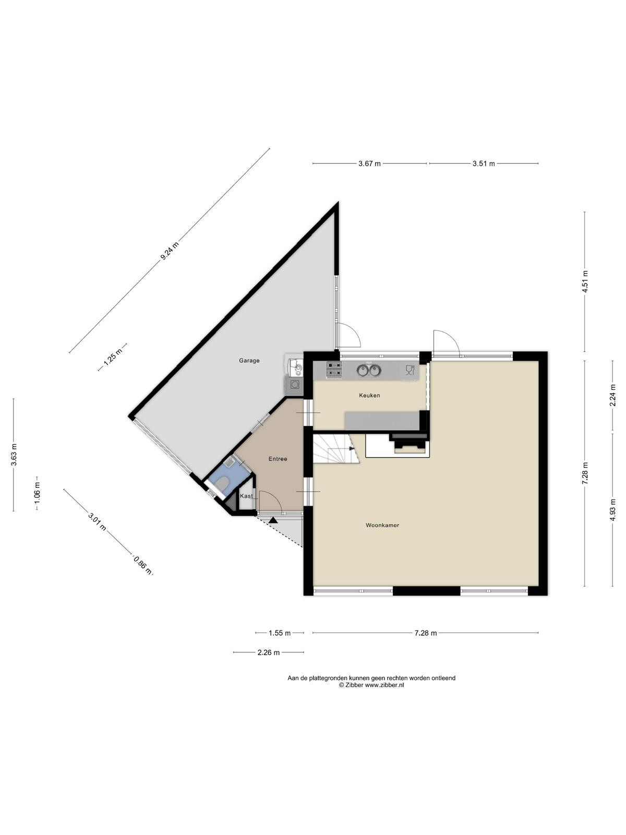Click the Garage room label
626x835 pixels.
tap(249, 360)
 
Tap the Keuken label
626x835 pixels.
tap(369, 395)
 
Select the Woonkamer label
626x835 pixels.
tap(382, 525)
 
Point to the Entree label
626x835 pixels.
tap(278, 459)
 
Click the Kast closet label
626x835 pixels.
tap(246, 496)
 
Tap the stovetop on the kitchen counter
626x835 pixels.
tap(334, 370)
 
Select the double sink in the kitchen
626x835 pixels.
tap(369, 369)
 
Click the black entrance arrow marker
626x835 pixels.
tap(273, 520)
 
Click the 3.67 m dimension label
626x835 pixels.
tap(369, 163)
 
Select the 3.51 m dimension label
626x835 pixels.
tap(484, 163)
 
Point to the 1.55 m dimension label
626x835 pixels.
tap(280, 633)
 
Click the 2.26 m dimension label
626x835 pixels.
tap(268, 652)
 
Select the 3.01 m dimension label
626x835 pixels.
tap(97, 521)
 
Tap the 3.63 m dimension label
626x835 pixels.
tap(14, 455)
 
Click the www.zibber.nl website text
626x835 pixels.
tap(384, 685)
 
